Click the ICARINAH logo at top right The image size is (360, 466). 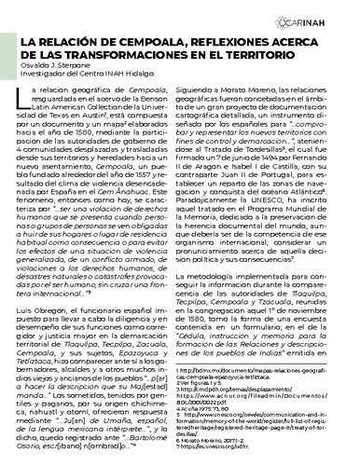pyautogui.click(x=325, y=21)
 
